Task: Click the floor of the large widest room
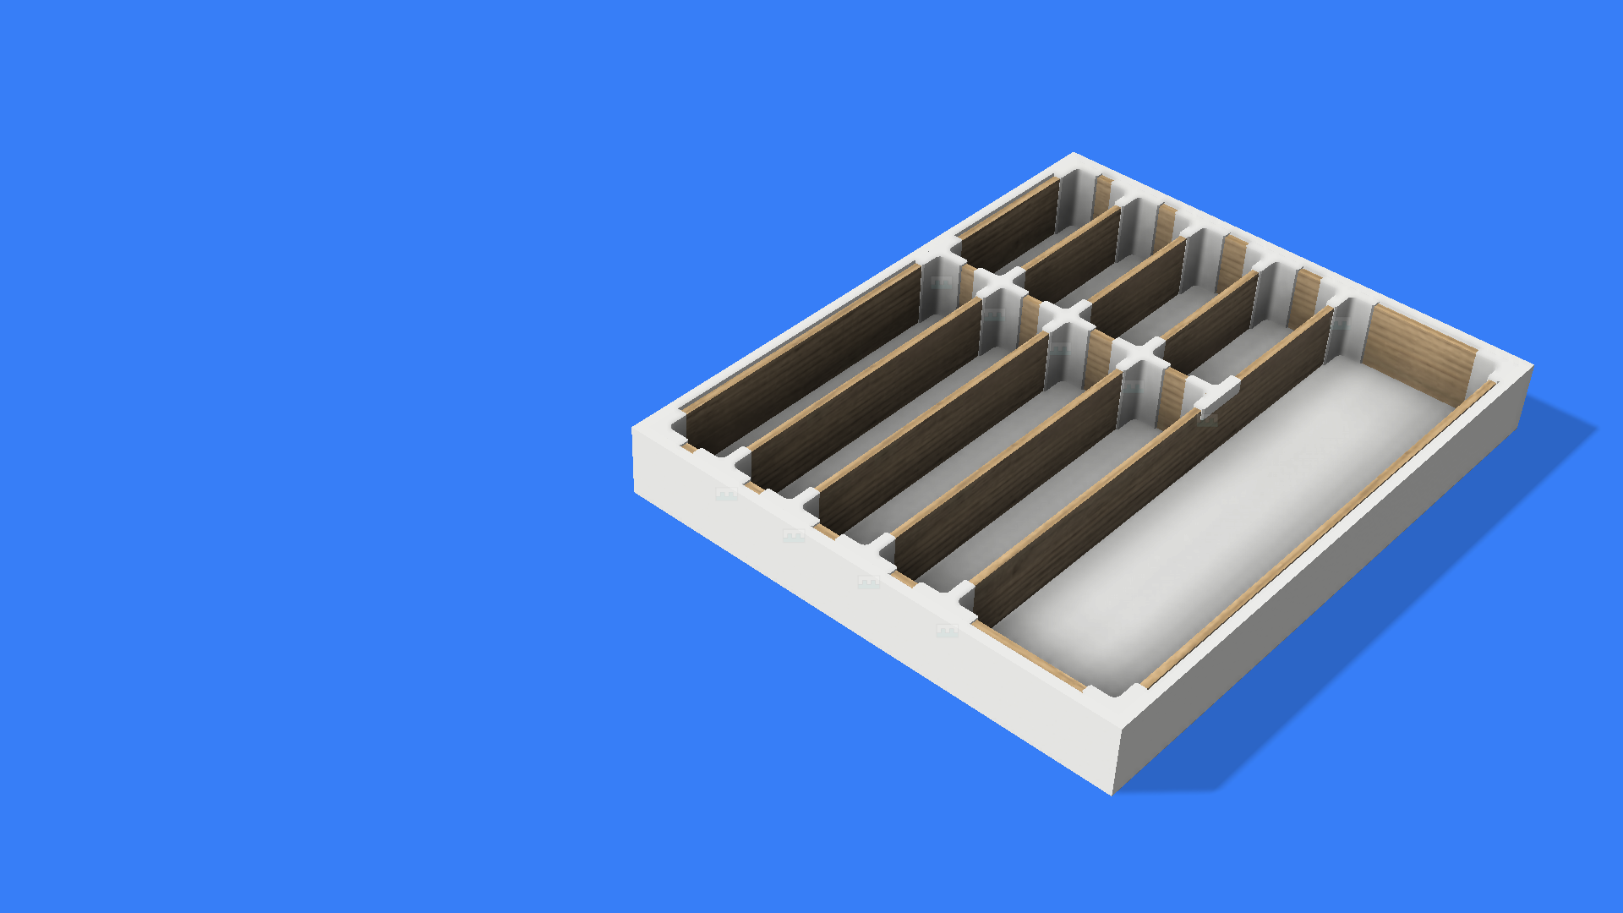tap(1226, 524)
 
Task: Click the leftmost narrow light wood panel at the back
tap(1101, 194)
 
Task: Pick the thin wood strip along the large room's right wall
tap(1319, 533)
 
